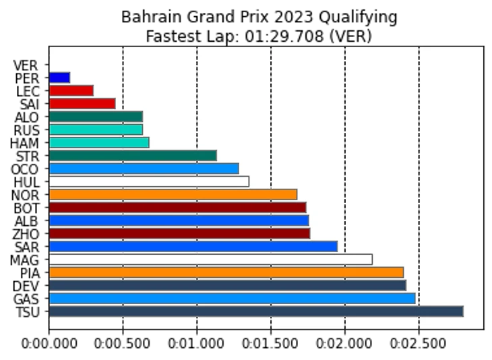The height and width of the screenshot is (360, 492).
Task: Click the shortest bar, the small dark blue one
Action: (59, 78)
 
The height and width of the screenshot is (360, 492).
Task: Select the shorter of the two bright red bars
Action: (71, 90)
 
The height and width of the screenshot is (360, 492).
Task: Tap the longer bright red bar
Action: (82, 103)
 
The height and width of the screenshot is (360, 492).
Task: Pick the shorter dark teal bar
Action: (96, 117)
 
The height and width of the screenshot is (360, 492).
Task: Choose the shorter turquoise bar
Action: (96, 129)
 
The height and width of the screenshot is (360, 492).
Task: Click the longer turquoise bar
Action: (99, 142)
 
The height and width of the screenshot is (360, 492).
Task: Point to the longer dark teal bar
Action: (133, 155)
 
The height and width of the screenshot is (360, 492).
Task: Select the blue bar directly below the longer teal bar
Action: (144, 169)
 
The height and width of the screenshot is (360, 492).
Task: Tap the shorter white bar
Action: (149, 181)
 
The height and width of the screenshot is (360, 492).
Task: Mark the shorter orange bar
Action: (173, 194)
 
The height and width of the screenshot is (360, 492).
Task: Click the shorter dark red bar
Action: (177, 207)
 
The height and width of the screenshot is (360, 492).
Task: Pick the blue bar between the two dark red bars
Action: (179, 220)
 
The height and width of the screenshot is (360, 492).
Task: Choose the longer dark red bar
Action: (179, 233)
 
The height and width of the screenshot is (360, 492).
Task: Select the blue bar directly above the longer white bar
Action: (193, 246)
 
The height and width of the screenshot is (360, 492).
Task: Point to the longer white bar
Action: (210, 259)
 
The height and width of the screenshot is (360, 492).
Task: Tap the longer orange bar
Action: (226, 272)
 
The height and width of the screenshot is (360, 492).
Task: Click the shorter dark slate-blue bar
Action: (227, 285)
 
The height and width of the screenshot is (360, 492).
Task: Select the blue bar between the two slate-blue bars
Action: (232, 298)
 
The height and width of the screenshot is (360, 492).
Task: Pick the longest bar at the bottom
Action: (256, 311)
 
